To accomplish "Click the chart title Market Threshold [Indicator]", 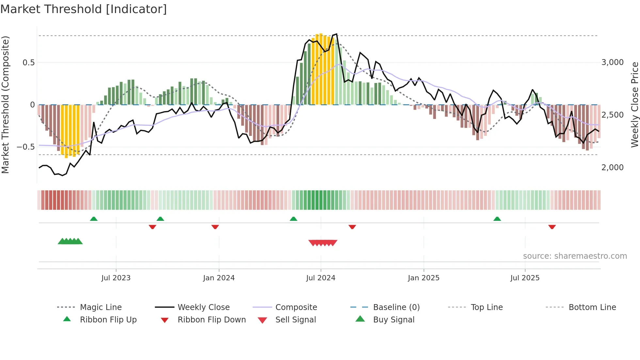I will tap(84, 9).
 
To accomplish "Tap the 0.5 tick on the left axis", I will tap(28, 62).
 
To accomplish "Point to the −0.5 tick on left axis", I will tap(26, 147).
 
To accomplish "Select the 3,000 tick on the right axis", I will tap(612, 62).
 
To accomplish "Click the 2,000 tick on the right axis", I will tap(612, 168).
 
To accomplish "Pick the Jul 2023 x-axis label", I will tap(116, 278).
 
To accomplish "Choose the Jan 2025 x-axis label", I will tap(424, 278).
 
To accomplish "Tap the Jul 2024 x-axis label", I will tap(321, 278).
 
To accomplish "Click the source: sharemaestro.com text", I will tap(575, 256).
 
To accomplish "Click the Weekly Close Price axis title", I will tap(634, 105).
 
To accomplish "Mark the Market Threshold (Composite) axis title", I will tap(5, 105).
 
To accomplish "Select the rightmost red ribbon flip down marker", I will tap(552, 227).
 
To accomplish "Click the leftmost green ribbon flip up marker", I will tap(94, 219).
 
